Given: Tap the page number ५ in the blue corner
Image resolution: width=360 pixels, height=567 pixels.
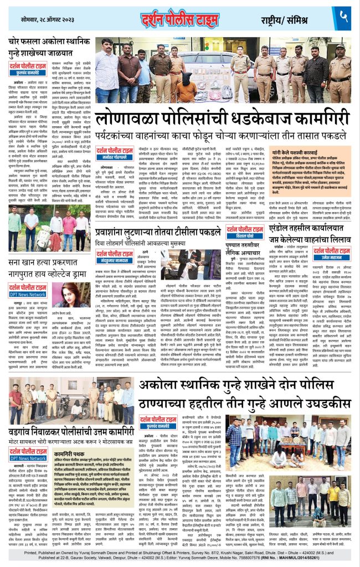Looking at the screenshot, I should click(x=344, y=18).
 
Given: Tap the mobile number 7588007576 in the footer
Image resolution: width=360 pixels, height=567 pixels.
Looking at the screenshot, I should click(x=249, y=559).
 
